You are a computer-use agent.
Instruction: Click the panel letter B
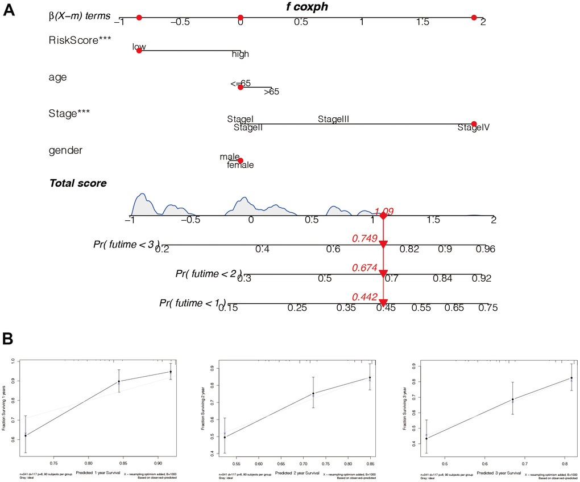tap(9, 337)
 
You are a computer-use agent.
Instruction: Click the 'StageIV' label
tap(474, 128)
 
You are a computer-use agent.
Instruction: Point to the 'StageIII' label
tap(333, 119)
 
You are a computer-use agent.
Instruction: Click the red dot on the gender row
tap(241, 160)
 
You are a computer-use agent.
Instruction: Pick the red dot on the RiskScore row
tap(139, 51)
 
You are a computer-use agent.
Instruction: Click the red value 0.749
tap(365, 238)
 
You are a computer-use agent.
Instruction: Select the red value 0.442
tap(365, 296)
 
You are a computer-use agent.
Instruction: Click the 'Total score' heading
tap(78, 183)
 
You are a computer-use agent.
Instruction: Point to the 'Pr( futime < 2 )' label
tap(209, 274)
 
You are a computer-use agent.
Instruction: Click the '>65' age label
tap(271, 91)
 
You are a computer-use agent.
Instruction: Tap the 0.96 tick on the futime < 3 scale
tap(486, 249)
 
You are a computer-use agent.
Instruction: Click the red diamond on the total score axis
tap(383, 216)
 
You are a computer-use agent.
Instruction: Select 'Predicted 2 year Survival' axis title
tap(297, 473)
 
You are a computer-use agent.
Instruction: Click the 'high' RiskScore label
tap(240, 55)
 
